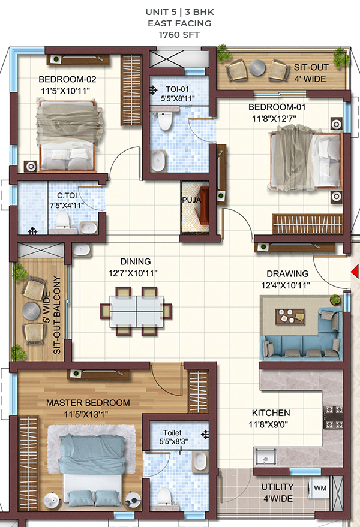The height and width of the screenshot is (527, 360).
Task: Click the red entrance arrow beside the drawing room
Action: (356, 272)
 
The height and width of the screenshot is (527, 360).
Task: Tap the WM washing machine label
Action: (320, 487)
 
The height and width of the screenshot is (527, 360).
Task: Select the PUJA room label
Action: (191, 200)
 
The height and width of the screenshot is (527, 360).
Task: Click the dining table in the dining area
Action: (136, 311)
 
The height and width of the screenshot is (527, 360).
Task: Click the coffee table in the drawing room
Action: (290, 317)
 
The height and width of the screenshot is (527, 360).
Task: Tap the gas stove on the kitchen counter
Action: (334, 417)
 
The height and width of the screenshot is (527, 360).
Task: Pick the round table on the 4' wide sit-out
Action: (257, 68)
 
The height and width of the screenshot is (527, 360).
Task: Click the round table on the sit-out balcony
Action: (31, 311)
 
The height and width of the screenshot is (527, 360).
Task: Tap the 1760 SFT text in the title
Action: (179, 35)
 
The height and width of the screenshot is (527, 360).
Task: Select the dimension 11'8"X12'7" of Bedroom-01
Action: (274, 118)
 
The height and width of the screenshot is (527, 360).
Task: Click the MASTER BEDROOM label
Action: (88, 403)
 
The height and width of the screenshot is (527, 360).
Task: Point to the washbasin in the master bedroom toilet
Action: (200, 461)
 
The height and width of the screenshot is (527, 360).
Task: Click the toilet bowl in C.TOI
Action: (62, 220)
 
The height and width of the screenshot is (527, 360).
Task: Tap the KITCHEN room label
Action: (271, 412)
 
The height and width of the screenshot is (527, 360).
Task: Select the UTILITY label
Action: (278, 487)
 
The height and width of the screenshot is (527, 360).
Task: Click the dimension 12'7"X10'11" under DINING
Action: (133, 273)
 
